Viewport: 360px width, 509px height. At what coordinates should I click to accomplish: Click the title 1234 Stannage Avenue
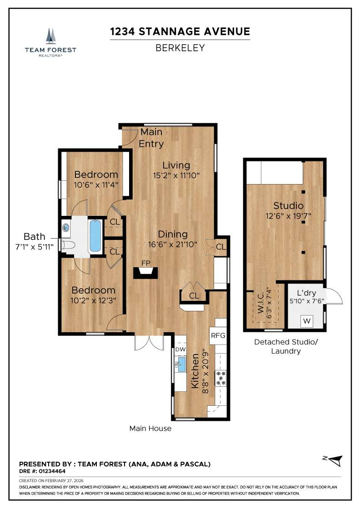click(180, 31)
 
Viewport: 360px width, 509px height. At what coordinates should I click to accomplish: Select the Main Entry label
click(151, 138)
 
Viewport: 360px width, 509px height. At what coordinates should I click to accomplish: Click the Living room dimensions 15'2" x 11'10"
click(176, 175)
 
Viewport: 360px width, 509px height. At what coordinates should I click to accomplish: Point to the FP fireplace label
click(146, 263)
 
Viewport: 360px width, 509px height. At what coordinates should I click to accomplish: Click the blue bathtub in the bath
click(95, 235)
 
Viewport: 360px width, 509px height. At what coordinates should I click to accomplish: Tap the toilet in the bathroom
click(68, 246)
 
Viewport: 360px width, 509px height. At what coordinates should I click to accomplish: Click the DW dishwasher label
click(180, 349)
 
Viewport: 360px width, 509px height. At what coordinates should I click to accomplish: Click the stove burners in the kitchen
click(220, 378)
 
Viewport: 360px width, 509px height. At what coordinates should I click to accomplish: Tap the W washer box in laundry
click(307, 321)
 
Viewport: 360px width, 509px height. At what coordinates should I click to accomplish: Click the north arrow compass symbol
click(334, 460)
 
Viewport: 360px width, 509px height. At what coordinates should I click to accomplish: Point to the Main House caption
click(150, 428)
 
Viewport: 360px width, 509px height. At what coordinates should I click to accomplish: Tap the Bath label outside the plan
click(35, 236)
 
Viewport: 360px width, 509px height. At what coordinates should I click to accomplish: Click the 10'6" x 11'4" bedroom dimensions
click(96, 185)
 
